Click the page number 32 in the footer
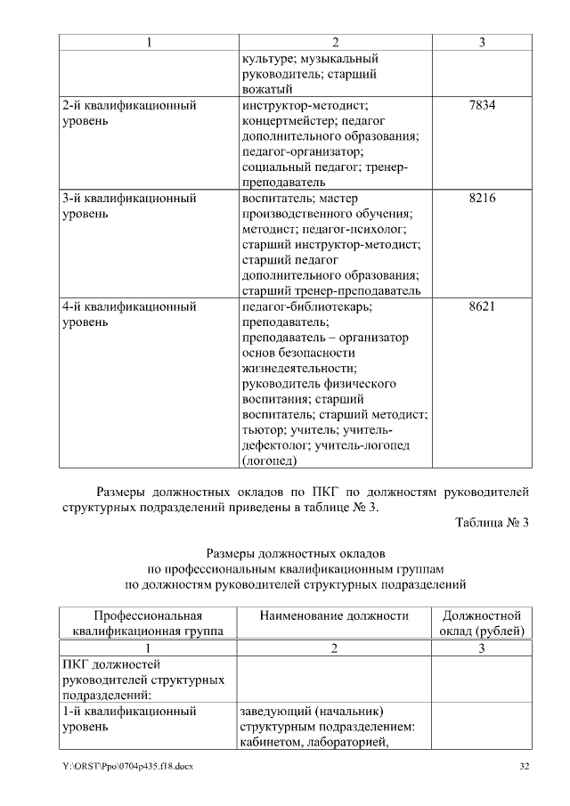coord(525,766)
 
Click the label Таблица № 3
coord(492,523)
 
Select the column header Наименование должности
coord(334,615)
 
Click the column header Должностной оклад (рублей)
coord(481,623)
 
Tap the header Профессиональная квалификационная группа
coord(148,623)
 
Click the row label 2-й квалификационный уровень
coord(129,113)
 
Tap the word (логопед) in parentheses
coord(269,460)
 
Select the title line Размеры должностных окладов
coord(296,553)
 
